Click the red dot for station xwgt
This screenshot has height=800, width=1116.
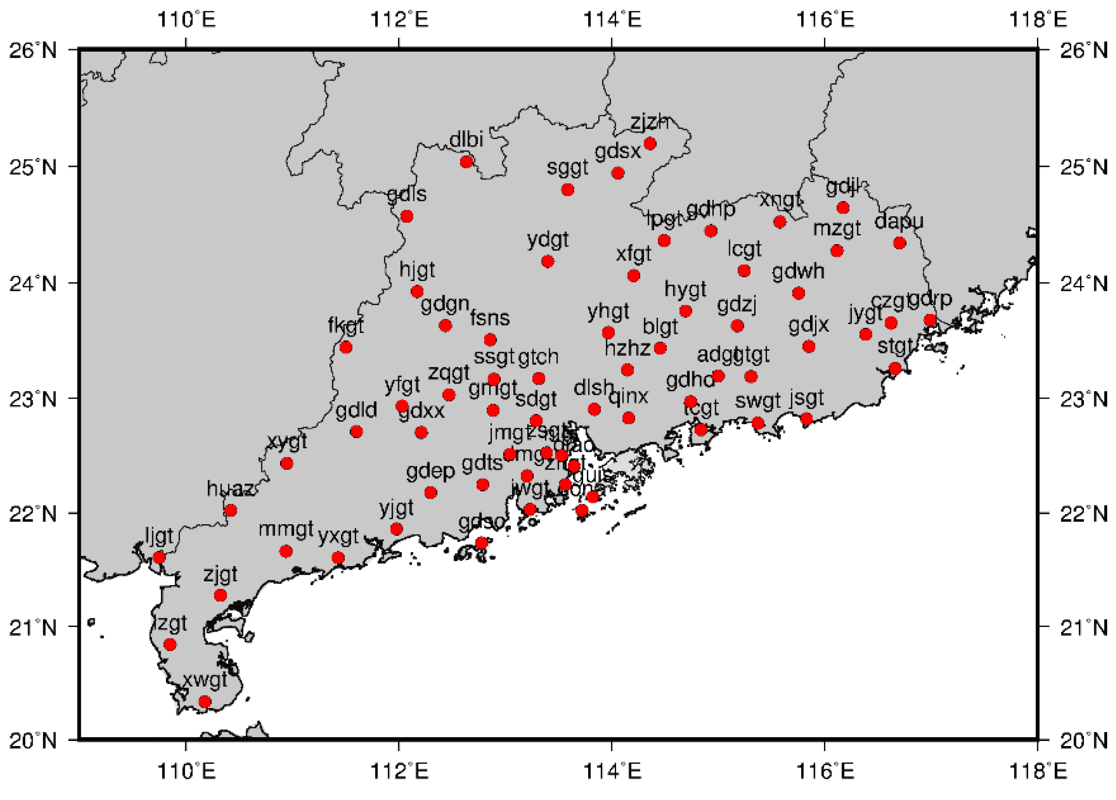coord(205,701)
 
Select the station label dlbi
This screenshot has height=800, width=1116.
coord(466,140)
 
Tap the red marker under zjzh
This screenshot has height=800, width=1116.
coord(650,144)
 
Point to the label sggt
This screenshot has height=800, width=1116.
coord(567,168)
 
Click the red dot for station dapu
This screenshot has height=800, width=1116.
coord(899,243)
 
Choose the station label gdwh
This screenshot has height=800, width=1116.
coord(797,271)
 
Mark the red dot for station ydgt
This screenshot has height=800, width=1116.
coord(547,261)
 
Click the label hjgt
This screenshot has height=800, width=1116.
coord(417,270)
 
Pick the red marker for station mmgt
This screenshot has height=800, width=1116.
coord(286,551)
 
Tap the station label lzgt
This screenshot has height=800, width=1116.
coord(170,624)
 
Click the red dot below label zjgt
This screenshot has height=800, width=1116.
coord(220,595)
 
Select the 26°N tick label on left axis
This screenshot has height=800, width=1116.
coord(33,50)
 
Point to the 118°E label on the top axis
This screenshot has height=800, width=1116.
coord(1037,20)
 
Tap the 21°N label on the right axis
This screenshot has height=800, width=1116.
coord(1083,628)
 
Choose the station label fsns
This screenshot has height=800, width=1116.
coord(490,318)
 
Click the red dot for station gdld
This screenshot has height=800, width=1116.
coord(356,432)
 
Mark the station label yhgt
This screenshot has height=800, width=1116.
coord(608,312)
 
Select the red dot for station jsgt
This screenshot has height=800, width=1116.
coord(806,419)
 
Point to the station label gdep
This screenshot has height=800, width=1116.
coord(430,472)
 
